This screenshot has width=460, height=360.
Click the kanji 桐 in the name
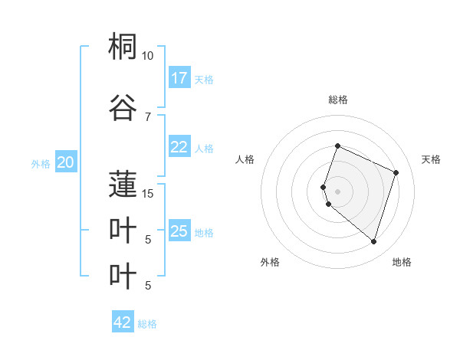pos(123,47)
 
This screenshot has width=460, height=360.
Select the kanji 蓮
pos(123,185)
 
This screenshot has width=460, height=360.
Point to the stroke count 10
pos(147,56)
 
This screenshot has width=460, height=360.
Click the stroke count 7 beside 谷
pos(147,116)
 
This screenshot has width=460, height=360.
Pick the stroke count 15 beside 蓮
pos(147,193)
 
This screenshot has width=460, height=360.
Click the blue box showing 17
pos(179,78)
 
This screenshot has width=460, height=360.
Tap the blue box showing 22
pos(179,148)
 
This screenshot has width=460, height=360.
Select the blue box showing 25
pos(179,231)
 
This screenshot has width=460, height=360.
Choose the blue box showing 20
pos(66,162)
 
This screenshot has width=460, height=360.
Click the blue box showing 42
pos(123,322)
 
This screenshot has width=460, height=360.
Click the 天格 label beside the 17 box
pos(204,79)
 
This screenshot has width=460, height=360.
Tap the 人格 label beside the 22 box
pos(204,149)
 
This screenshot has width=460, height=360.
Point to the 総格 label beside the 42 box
pos(147,323)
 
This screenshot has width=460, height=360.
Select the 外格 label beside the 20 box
pos(41,162)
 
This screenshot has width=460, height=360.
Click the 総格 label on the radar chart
pos(337,100)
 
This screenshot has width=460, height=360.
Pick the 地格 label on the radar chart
pos(402,262)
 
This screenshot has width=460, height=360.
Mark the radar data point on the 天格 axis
pos(396,172)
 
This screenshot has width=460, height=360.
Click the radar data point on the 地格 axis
pos(373,241)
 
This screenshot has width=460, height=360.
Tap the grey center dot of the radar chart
pos(337,191)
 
